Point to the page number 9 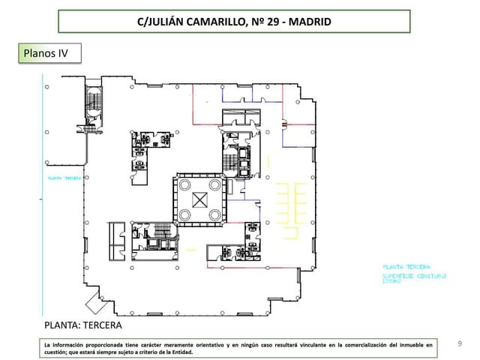pos(460,343)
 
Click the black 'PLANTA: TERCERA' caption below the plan pos(85,326)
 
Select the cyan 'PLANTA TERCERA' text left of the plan pos(64,178)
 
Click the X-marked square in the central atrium pos(199,199)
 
